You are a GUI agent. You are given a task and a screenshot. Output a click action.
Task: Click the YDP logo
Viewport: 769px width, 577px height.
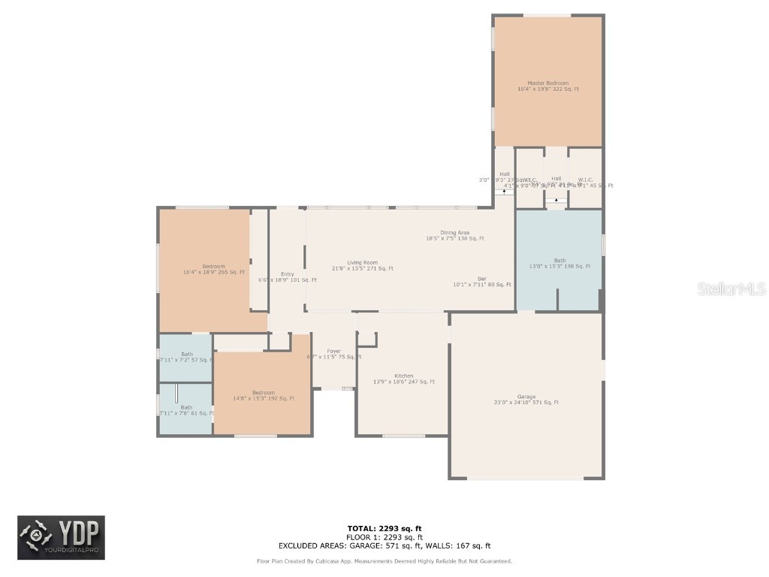61,538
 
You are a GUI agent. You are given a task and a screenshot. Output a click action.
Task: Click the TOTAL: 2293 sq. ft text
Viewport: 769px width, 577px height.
384,528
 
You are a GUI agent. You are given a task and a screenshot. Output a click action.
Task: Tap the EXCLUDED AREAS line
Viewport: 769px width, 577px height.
384,546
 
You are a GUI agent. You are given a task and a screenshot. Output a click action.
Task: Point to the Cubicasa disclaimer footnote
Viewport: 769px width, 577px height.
384,561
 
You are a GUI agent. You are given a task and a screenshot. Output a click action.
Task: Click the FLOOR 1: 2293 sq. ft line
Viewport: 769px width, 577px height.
384,537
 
